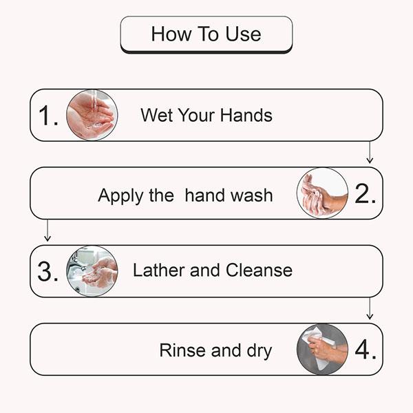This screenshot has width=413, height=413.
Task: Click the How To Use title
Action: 206,34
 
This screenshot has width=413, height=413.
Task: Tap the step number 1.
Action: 47,116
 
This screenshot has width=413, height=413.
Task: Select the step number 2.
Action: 365,194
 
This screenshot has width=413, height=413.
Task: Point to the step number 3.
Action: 47,272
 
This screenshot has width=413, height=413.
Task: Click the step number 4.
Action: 365,350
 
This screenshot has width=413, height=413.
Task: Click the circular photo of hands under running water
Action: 92,115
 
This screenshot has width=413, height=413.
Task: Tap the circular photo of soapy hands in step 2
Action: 322,193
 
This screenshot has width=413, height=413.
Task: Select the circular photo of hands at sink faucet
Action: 92,271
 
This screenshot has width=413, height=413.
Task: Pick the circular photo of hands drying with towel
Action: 322,350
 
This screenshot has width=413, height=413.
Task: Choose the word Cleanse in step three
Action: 258,271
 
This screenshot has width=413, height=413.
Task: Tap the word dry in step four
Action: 257,351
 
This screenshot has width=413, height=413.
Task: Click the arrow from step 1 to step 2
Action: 370,153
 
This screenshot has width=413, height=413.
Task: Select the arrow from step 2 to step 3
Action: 47,231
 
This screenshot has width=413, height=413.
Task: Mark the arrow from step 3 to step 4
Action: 370,309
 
